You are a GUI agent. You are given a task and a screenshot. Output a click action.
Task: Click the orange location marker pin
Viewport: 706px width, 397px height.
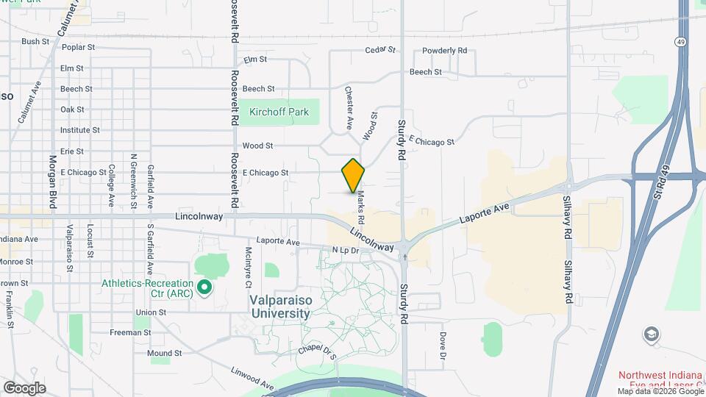[x=353, y=175]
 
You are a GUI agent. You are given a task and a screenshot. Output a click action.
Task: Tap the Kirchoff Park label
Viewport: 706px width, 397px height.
[x=279, y=112]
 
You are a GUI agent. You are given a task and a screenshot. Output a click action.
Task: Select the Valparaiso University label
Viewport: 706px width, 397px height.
[x=279, y=307]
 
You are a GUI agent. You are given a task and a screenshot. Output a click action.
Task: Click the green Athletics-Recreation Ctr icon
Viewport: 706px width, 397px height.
[x=205, y=286]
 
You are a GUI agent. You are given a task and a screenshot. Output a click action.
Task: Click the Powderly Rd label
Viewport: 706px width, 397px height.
[x=445, y=51]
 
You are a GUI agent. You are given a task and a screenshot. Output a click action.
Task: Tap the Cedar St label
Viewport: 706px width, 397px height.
[x=381, y=51]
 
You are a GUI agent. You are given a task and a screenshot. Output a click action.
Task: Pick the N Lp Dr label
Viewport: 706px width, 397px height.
[x=345, y=251]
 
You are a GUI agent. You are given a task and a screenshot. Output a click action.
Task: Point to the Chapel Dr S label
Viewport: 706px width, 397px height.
[x=318, y=351]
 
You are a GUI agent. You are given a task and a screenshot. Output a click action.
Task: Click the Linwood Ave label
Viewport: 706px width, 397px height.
[x=251, y=379]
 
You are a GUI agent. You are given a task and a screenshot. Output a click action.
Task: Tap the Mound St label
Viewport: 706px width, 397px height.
[x=164, y=353]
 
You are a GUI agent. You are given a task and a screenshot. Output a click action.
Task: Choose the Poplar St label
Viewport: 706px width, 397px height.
[x=79, y=47]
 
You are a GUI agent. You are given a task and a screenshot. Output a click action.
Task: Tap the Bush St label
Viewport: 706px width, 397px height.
[x=35, y=42]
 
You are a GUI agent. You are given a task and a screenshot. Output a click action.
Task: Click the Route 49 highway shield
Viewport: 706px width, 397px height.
[x=682, y=41]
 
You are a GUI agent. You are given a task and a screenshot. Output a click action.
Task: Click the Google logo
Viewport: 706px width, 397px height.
[x=24, y=387]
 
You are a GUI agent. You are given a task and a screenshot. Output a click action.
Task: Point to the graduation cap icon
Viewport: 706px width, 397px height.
[x=651, y=335]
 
